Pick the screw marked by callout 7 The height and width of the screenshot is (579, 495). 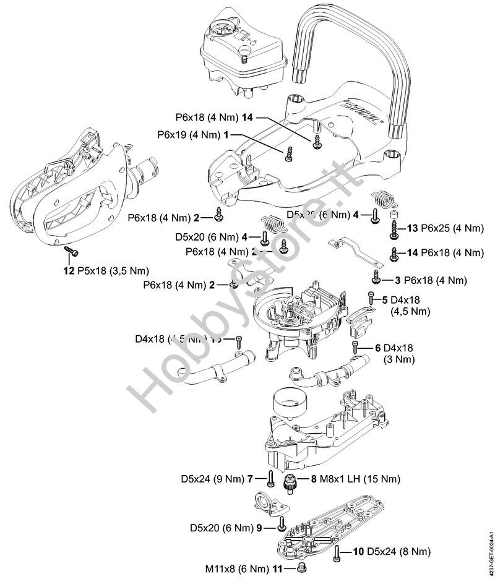click(272, 478)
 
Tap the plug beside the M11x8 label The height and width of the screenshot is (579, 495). click(302, 565)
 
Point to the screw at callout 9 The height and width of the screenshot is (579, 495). click(282, 524)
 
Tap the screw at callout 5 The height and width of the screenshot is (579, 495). click(371, 298)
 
